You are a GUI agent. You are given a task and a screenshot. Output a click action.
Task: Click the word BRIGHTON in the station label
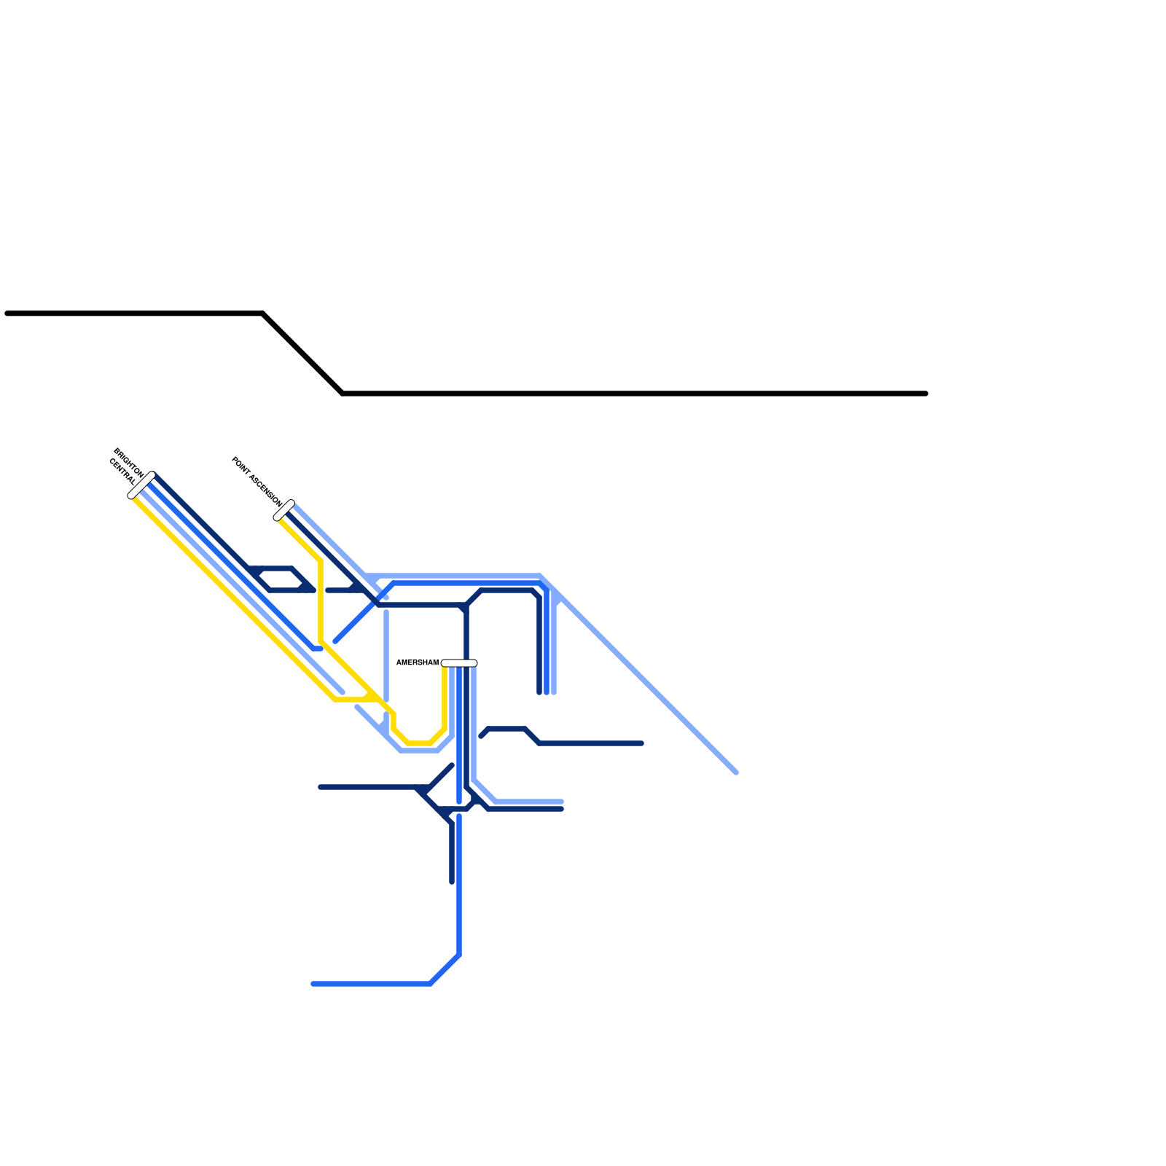(x=129, y=462)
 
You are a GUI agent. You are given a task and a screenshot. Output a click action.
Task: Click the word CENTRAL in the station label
(x=122, y=472)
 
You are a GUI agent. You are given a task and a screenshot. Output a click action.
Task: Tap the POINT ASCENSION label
(x=257, y=482)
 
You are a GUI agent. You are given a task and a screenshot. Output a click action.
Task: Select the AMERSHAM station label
(x=417, y=662)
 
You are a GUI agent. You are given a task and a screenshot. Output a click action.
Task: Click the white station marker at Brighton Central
(x=141, y=485)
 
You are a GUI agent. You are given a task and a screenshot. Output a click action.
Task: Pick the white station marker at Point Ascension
(x=283, y=510)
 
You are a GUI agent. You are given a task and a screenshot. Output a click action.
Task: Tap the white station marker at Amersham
(x=459, y=663)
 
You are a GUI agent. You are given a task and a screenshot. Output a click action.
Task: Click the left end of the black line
(x=7, y=313)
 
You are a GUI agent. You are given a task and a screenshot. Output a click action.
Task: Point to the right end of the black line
(x=926, y=394)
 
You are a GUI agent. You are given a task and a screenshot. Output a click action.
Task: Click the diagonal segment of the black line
(x=302, y=353)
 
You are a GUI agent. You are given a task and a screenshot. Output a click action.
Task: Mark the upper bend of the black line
(x=263, y=313)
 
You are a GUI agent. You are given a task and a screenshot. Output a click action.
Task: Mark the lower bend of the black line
(x=343, y=394)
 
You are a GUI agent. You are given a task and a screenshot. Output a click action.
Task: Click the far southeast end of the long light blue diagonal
(x=736, y=772)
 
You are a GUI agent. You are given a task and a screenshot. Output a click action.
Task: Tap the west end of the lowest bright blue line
(x=313, y=984)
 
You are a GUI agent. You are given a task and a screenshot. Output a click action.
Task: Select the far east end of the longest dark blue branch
(x=641, y=743)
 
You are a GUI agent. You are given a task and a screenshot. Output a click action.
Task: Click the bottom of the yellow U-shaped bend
(x=419, y=743)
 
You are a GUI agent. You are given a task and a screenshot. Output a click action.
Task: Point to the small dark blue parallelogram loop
(x=281, y=579)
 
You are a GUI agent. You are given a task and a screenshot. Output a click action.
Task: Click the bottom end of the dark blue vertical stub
(x=452, y=882)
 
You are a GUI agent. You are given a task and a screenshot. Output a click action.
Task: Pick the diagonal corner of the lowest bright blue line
(x=445, y=969)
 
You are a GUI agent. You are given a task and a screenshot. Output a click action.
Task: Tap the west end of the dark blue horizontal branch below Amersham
(x=321, y=787)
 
